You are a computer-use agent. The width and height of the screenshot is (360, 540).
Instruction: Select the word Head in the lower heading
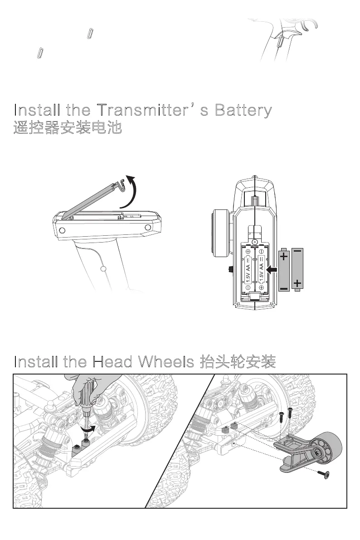tap(112, 362)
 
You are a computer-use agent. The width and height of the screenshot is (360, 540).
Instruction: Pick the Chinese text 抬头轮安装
tap(238, 362)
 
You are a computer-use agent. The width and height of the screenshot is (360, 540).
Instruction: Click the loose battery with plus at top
tap(284, 269)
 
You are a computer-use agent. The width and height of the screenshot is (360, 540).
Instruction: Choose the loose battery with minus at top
tap(298, 269)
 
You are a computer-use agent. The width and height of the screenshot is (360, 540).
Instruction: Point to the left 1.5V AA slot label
tap(248, 269)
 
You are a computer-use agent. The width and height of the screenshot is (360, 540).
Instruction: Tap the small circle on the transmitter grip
tap(103, 269)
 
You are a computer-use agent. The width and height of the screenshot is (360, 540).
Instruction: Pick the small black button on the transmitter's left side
tap(230, 270)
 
